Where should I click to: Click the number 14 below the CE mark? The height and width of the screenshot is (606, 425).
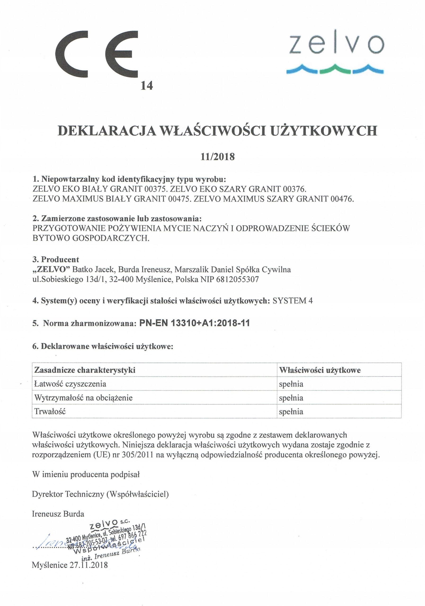coord(147,85)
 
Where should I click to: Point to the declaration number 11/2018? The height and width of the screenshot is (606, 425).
coord(217,157)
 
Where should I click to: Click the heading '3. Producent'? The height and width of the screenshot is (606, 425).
coord(56,259)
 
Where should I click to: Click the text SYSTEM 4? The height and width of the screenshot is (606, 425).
coord(292,301)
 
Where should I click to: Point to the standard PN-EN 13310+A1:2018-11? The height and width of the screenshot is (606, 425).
coord(194,323)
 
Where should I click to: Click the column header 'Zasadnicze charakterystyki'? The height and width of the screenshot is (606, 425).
coord(85,370)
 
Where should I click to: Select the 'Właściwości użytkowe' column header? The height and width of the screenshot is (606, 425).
coord(319,370)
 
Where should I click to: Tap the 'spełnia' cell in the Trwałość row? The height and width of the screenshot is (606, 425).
coord(291,411)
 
